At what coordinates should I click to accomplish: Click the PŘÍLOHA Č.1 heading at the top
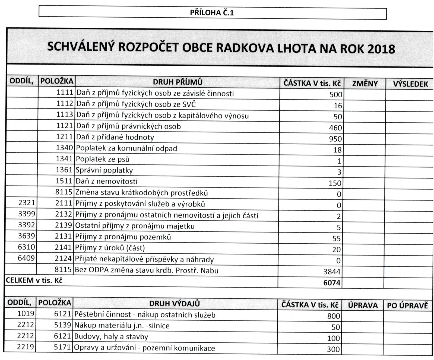(212, 13)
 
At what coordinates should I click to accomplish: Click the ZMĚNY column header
(365, 84)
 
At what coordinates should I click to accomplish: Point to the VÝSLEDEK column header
(410, 84)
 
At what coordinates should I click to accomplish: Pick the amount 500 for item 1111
(336, 95)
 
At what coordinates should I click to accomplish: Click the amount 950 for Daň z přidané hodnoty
(335, 139)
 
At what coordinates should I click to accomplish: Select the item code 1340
(65, 148)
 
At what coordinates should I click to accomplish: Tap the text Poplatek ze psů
(103, 159)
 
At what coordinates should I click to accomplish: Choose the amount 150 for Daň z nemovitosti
(335, 183)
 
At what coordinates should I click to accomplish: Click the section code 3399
(27, 214)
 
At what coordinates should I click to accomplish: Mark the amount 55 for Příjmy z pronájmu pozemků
(337, 238)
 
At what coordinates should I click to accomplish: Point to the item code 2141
(63, 247)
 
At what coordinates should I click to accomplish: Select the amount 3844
(332, 272)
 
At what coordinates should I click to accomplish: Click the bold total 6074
(332, 283)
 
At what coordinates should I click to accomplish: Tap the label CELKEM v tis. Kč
(34, 281)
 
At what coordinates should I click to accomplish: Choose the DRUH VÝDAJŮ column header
(175, 304)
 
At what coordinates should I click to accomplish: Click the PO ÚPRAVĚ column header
(407, 305)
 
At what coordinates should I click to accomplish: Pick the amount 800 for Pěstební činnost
(334, 316)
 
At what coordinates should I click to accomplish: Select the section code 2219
(26, 347)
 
